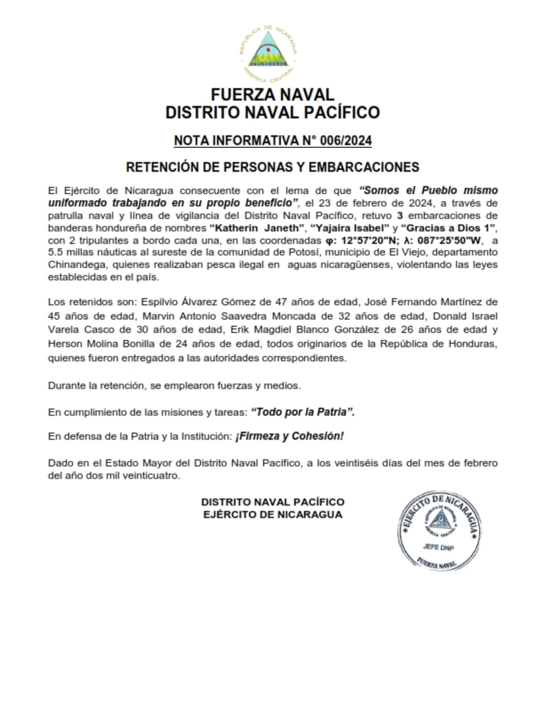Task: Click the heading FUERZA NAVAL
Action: [x=272, y=94]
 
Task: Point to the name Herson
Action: [x=65, y=345]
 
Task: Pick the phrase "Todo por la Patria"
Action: [x=303, y=412]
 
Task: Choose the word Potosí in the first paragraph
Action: [x=262, y=252]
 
